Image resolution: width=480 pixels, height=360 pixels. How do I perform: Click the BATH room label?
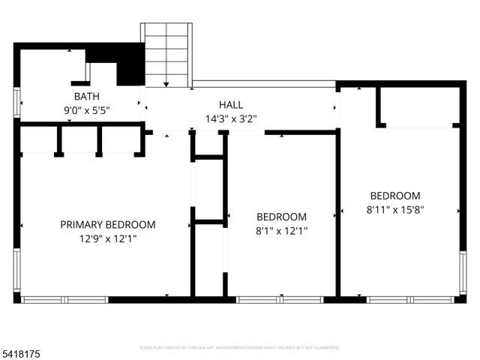tap(86, 97)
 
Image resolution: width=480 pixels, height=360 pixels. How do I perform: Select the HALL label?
tap(230, 104)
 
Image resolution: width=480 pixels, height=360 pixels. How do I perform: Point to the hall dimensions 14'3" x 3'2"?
tap(230, 118)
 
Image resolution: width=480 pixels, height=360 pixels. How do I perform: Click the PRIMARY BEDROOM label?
tap(108, 224)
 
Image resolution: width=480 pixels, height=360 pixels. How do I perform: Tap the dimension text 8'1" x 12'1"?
tap(281, 231)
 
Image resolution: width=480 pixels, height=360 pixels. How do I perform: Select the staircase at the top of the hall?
tap(166, 55)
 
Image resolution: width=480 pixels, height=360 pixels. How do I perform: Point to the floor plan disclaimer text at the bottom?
tap(240, 347)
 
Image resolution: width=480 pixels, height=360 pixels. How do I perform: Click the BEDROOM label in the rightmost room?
tap(394, 195)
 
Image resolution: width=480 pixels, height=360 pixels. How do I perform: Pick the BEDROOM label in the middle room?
tap(281, 217)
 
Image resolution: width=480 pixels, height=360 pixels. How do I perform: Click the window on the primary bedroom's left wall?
tap(16, 270)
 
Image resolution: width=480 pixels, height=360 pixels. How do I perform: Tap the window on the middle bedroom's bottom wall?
tap(280, 299)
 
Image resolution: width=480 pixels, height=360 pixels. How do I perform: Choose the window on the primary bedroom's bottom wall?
tap(65, 299)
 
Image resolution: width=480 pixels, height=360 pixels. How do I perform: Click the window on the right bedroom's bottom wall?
tap(410, 299)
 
